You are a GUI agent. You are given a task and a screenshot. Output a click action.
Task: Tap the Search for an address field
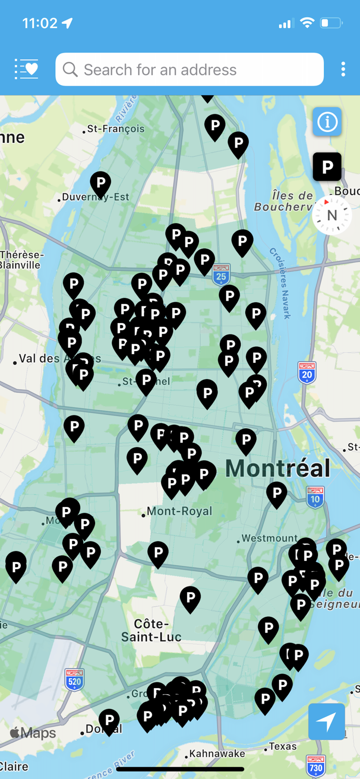(x=190, y=70)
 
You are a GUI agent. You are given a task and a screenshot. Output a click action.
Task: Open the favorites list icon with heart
(x=26, y=69)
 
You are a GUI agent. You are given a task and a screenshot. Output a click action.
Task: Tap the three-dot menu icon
(x=343, y=69)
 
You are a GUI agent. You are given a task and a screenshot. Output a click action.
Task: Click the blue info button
(x=327, y=122)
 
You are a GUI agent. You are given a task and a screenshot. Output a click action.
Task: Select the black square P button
(x=327, y=167)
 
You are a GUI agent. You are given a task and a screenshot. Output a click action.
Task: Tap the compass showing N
(x=331, y=215)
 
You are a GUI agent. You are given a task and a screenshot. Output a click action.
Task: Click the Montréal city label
(x=278, y=468)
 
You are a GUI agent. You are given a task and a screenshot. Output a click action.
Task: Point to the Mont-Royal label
(x=179, y=512)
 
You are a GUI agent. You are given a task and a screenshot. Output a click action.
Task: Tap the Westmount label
(x=270, y=539)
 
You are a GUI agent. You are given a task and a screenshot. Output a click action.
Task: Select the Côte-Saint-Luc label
(x=151, y=630)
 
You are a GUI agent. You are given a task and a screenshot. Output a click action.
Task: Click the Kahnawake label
(x=214, y=754)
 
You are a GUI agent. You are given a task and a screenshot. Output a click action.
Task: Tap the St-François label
(x=115, y=129)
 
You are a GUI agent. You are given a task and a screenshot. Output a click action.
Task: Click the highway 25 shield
(x=221, y=275)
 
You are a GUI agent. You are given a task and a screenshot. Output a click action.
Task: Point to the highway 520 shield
(x=75, y=679)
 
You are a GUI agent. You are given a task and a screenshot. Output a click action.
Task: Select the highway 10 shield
(x=315, y=498)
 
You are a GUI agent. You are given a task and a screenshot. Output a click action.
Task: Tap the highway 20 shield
(x=307, y=373)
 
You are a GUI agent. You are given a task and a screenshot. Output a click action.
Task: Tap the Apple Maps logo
(x=33, y=733)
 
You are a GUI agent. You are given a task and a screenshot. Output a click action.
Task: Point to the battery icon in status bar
(x=331, y=23)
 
